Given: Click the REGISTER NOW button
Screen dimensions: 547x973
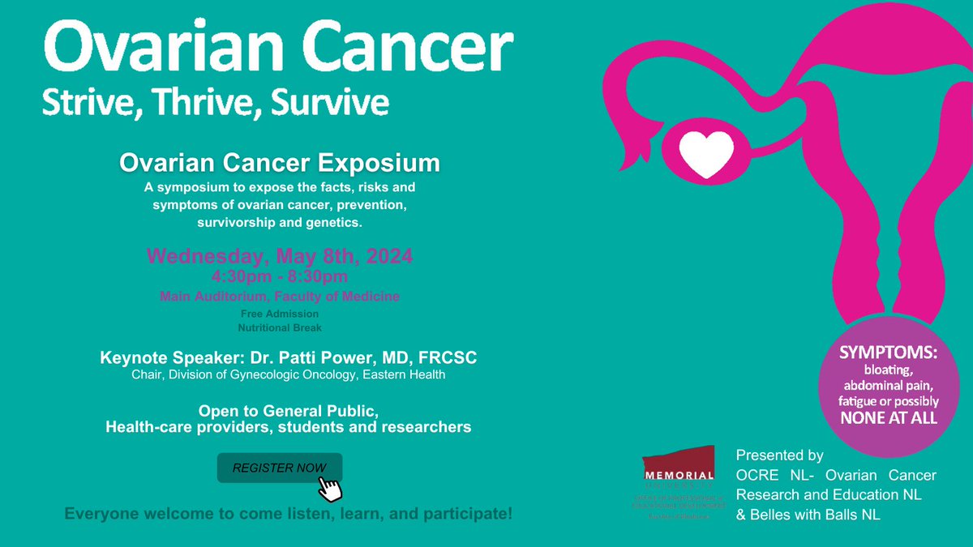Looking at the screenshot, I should click(279, 468).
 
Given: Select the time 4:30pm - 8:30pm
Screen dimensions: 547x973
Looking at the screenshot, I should click(280, 277).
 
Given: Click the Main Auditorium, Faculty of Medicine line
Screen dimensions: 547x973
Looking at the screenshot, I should click(280, 297).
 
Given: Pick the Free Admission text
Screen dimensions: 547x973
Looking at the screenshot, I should click(280, 314).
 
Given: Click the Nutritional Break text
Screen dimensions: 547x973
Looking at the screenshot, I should click(280, 328).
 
